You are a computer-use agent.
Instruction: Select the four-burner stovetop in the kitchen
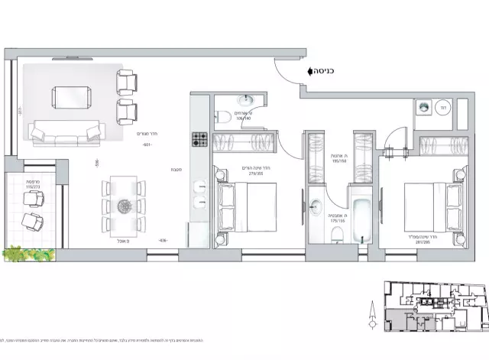(199, 140)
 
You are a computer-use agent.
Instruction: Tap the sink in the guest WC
(246, 100)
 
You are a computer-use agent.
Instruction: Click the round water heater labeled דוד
(442, 109)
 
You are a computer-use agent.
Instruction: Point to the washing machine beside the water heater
(422, 109)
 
